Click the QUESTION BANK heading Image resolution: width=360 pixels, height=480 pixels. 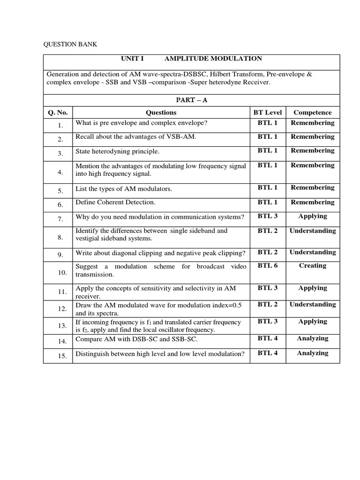pos(70,45)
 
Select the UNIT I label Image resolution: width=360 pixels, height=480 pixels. pos(132,59)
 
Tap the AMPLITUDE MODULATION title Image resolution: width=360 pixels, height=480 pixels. pos(213,59)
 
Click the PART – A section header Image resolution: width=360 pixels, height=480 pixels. pos(191,100)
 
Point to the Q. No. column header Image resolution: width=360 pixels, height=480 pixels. pos(58,112)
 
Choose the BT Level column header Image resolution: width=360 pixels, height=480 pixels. pos(267,112)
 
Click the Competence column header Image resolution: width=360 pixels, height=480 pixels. pos(312,112)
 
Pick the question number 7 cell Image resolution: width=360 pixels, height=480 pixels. pos(60,219)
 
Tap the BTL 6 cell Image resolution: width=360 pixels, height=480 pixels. pos(267,265)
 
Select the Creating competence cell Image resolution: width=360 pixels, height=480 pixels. pos(312,265)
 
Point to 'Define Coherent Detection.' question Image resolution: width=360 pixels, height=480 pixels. pos(115,202)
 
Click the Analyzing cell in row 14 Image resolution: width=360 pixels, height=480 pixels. pos(312,338)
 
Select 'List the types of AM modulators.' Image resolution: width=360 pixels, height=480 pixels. pos(124,189)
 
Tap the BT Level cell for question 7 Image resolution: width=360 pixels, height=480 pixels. pos(267,216)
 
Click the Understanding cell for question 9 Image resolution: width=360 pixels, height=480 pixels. pos(312,252)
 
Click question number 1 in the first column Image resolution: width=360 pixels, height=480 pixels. pos(60,126)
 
